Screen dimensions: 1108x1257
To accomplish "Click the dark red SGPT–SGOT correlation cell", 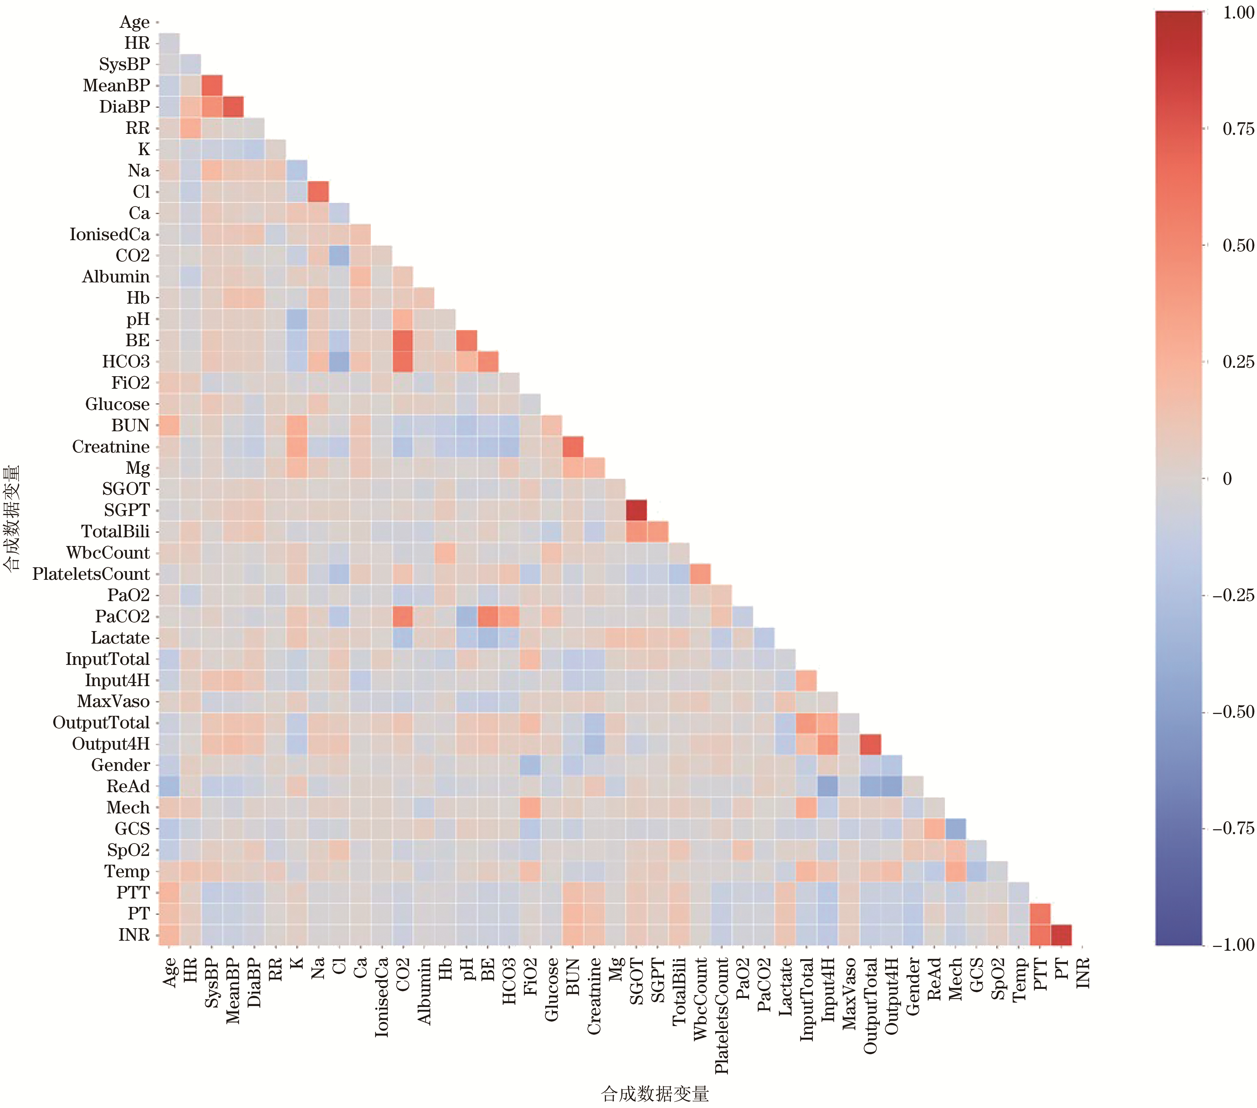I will coord(636,509).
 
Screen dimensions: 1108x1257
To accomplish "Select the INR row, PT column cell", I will coord(1061,935).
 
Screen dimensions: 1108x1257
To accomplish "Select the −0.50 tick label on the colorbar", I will coord(1233,712).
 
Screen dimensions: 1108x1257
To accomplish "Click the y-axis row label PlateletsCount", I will coord(91,574).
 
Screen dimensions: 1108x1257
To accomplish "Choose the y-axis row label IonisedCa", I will coord(110,234).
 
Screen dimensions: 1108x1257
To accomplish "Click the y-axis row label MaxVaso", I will coord(113,701).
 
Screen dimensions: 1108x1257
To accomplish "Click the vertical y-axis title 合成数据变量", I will coord(11,518).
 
